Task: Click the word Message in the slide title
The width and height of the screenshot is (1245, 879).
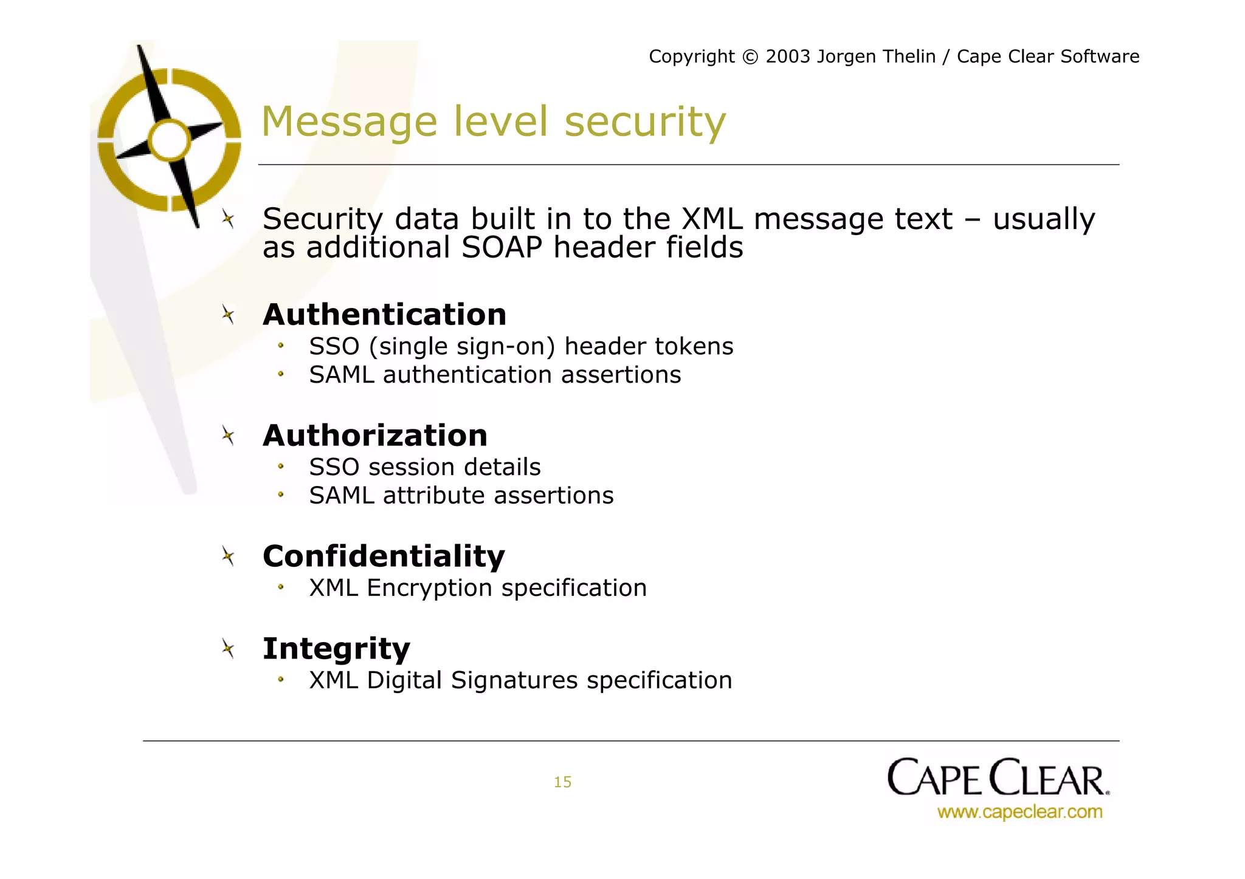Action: pyautogui.click(x=349, y=123)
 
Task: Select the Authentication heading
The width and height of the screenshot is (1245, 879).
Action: pyautogui.click(x=384, y=315)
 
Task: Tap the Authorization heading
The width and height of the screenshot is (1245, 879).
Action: pyautogui.click(x=375, y=436)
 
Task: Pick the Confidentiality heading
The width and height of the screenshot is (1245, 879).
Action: pyautogui.click(x=384, y=556)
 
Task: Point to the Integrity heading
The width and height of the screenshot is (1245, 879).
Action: pyautogui.click(x=336, y=649)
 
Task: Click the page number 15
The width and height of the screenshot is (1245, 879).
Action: pyautogui.click(x=562, y=782)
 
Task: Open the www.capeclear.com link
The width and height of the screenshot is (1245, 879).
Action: pyautogui.click(x=1019, y=812)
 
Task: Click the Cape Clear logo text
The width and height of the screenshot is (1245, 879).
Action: pyautogui.click(x=998, y=778)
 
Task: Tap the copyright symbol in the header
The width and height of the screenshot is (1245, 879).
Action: pyautogui.click(x=750, y=57)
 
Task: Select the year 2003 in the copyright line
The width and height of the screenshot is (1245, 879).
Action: pyautogui.click(x=788, y=56)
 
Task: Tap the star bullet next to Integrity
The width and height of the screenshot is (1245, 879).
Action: pyautogui.click(x=228, y=649)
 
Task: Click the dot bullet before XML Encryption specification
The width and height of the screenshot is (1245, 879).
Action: pyautogui.click(x=281, y=587)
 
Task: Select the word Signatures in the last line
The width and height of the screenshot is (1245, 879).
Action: pyautogui.click(x=514, y=680)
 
